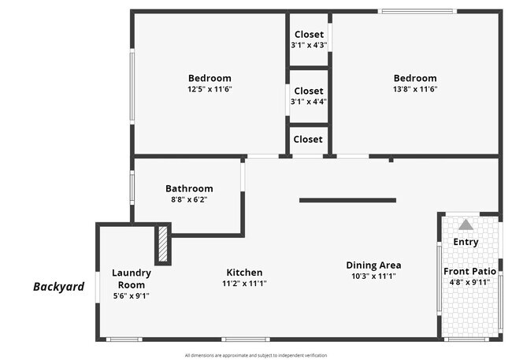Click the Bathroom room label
click(189, 188)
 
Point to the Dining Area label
click(373, 265)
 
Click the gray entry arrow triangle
click(466, 225)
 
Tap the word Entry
click(466, 242)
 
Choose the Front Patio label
click(469, 271)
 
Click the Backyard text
click(58, 287)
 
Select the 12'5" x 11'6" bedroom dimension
click(210, 89)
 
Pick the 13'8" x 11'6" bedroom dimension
click(415, 89)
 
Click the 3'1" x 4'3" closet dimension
click(309, 45)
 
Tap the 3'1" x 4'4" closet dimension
click(309, 102)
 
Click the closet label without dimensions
click(308, 139)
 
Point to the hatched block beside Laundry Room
click(163, 244)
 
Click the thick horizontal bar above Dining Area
click(347, 200)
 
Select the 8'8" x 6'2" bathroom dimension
click(189, 199)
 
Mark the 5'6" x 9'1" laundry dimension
click(131, 296)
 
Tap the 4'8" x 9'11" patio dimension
click(469, 282)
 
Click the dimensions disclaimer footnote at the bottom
click(256, 355)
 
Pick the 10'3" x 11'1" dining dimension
click(373, 276)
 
